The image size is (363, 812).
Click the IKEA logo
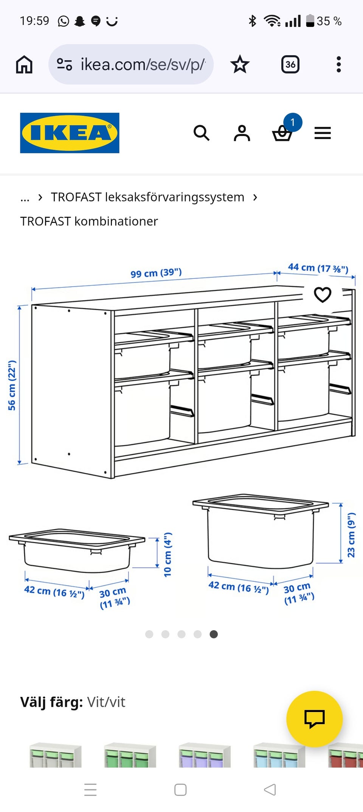[70, 133]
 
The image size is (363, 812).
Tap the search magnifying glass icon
[202, 133]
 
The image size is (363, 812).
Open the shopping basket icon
[282, 133]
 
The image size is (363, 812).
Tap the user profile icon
[242, 133]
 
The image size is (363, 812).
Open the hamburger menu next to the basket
[323, 133]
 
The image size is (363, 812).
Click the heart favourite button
[323, 295]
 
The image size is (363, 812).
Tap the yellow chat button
[315, 719]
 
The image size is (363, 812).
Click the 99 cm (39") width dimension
[156, 273]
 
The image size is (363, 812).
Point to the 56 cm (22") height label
[12, 385]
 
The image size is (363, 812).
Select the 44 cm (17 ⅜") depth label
[318, 268]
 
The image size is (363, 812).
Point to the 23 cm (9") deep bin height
[351, 535]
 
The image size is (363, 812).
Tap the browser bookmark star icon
[240, 64]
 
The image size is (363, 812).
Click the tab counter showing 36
[290, 64]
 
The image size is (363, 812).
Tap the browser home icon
[24, 64]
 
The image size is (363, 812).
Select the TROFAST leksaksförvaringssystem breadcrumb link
[148, 197]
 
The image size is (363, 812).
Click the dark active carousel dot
[214, 634]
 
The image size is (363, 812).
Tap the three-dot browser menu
[339, 64]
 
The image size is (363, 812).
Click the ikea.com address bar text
[143, 64]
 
